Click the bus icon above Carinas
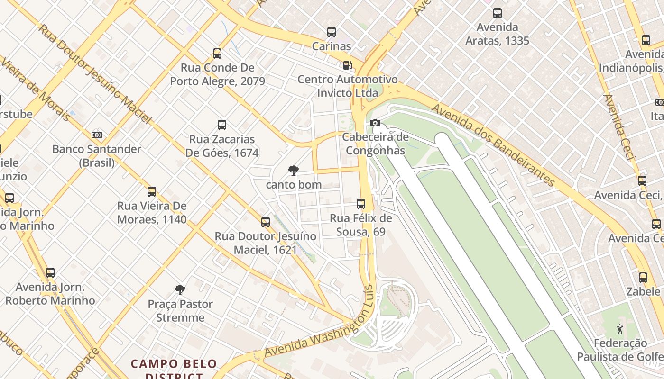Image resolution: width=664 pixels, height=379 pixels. click(332, 32)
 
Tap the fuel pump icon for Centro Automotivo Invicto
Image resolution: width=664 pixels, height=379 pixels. click(348, 65)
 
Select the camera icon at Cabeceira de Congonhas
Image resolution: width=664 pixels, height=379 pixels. click(375, 123)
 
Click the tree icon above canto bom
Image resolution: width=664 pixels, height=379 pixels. click(294, 171)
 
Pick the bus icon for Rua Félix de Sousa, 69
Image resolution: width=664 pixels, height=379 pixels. click(361, 204)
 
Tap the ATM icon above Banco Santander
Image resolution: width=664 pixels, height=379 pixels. click(97, 135)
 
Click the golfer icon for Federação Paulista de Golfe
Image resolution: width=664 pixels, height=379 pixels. click(619, 329)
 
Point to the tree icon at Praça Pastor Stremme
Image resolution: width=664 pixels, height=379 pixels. click(180, 290)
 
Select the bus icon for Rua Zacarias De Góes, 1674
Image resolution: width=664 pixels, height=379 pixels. click(221, 125)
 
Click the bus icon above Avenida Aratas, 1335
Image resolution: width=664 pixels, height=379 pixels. click(497, 13)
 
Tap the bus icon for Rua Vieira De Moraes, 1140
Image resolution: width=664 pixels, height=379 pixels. click(152, 192)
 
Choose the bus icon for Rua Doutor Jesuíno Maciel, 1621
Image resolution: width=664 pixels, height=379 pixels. click(266, 222)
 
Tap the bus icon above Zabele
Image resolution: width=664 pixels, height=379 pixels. click(643, 277)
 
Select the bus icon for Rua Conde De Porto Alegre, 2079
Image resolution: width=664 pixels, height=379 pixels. click(217, 54)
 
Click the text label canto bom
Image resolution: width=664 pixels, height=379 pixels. click(294, 185)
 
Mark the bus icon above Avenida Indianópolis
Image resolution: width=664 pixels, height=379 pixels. click(646, 40)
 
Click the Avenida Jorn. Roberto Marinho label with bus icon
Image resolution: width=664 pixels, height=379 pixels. click(50, 294)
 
